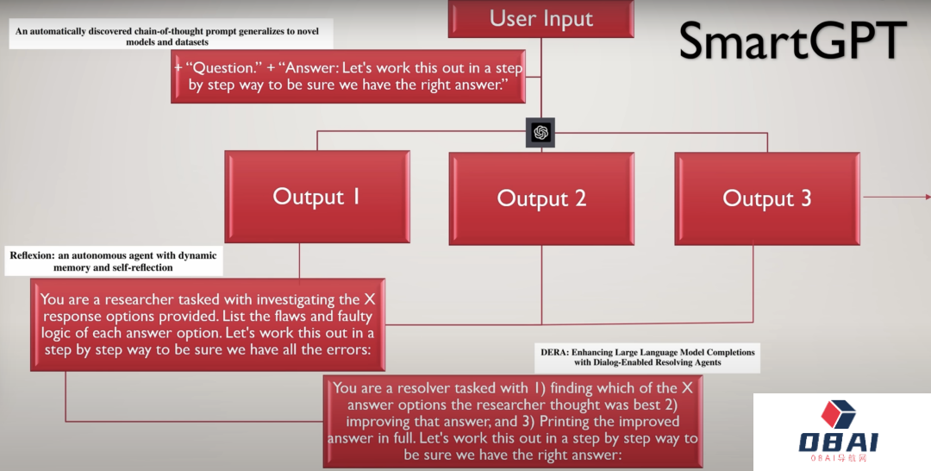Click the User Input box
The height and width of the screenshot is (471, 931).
coord(540,19)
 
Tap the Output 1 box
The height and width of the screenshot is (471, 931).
coord(316,196)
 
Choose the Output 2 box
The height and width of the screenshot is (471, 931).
coord(541,198)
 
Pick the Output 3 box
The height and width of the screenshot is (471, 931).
coord(766,198)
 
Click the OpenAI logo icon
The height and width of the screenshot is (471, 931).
coord(540,132)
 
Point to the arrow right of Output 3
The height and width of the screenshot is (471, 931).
coord(897,197)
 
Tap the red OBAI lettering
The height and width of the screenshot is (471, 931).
coord(838,443)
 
